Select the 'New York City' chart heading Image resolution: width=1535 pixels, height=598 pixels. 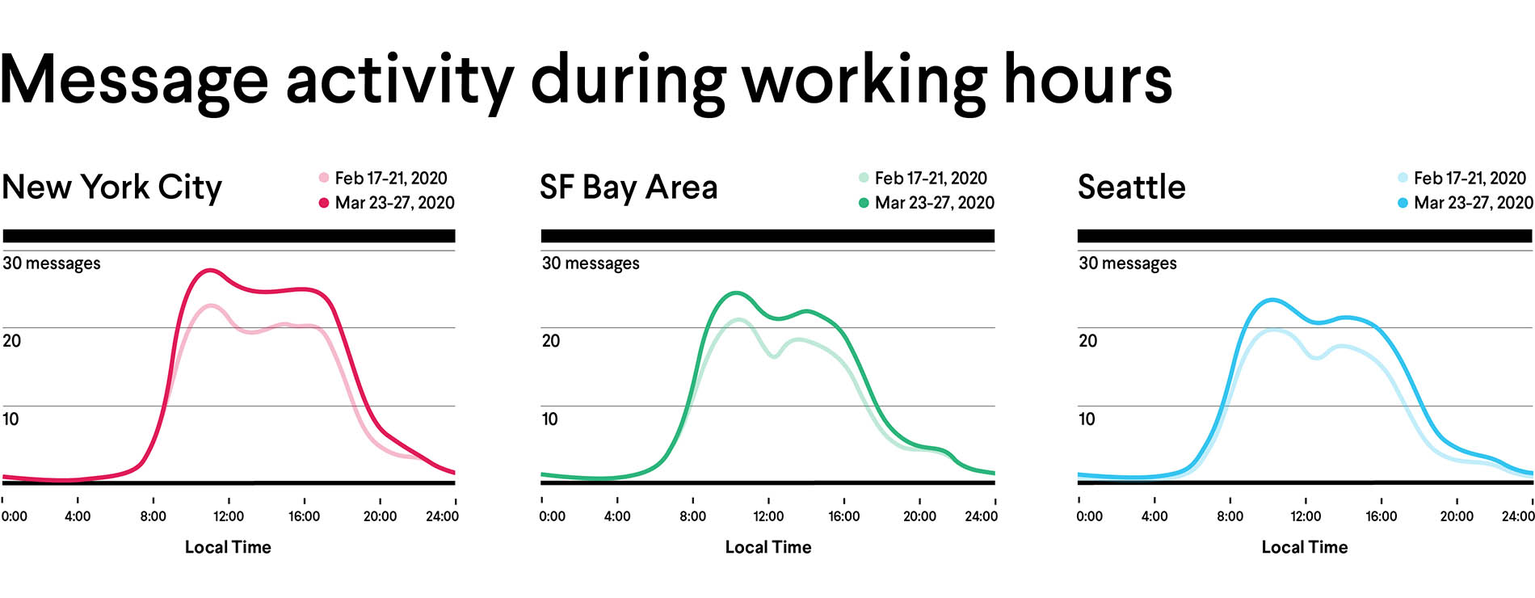(x=111, y=187)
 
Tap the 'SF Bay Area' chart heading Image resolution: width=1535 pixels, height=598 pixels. (x=629, y=187)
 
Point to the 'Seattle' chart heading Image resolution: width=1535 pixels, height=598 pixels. (x=1131, y=187)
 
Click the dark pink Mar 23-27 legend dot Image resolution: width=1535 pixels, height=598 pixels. (x=324, y=203)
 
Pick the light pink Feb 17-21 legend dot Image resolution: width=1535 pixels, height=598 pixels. (x=324, y=178)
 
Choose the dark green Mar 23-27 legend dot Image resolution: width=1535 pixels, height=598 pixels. (x=864, y=203)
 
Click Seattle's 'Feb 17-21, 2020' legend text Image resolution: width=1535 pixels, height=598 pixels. (x=1470, y=178)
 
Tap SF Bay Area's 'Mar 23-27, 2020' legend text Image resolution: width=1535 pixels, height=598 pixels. (x=934, y=203)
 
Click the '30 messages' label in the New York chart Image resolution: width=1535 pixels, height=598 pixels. (x=52, y=263)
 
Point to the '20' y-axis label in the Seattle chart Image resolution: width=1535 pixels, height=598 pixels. (x=1087, y=341)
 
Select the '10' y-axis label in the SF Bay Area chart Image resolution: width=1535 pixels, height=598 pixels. (x=549, y=419)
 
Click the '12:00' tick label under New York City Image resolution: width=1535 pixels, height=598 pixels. (x=229, y=516)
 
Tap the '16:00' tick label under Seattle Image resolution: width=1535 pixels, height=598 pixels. (x=1381, y=516)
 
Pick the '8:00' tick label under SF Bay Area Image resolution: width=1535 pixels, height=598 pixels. (x=692, y=516)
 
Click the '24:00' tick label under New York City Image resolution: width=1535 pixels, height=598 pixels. (x=442, y=516)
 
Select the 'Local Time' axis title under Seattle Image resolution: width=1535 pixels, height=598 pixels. (x=1305, y=547)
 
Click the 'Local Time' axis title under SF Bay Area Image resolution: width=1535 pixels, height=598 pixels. (x=768, y=547)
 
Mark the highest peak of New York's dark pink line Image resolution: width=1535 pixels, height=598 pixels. (x=210, y=270)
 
